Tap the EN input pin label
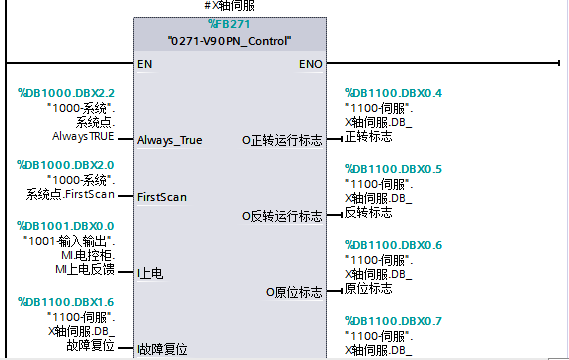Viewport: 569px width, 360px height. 145,64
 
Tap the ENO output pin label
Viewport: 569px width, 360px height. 311,64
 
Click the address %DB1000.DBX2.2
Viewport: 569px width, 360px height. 66,93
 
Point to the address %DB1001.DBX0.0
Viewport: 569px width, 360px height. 66,226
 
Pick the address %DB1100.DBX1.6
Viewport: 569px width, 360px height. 66,301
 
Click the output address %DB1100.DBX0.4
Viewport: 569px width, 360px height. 393,93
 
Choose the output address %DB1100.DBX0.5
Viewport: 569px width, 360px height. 393,168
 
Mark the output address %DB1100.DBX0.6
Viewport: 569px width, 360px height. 393,245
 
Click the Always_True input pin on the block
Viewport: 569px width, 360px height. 169,140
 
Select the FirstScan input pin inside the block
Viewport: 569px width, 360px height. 161,197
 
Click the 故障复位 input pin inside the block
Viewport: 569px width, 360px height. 161,349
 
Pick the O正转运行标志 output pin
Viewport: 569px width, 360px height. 282,140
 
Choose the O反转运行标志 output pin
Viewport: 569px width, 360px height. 282,215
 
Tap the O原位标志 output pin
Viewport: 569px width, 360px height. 294,291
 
